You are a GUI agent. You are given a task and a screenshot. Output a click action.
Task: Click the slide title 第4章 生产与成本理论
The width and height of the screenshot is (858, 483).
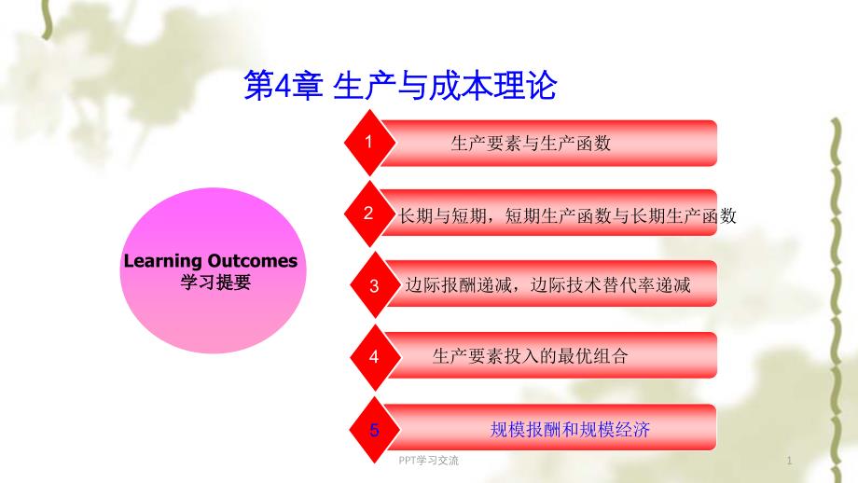400,86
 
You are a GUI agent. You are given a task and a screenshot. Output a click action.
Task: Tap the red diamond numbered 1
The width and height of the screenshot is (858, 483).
370,143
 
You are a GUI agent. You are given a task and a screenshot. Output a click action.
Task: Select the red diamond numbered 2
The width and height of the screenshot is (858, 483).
370,214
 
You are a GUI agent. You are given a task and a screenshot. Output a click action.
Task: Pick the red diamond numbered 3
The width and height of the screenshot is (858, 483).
375,285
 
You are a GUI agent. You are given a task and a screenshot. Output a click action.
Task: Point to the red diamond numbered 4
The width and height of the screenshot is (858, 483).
375,356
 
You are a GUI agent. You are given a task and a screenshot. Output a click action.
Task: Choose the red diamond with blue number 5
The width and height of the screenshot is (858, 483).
375,430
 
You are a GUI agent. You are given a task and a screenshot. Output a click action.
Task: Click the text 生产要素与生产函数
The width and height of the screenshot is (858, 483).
531,144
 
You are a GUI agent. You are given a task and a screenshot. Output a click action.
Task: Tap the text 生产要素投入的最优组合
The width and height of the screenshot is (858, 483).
531,356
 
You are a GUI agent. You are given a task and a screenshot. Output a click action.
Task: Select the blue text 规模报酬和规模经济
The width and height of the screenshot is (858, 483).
570,430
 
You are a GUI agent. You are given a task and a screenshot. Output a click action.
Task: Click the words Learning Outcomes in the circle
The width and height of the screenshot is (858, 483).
211,261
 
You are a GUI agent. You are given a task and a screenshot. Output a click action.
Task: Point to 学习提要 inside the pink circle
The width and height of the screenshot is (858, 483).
215,283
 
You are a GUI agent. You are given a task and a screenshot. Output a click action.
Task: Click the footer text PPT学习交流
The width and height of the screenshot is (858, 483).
428,461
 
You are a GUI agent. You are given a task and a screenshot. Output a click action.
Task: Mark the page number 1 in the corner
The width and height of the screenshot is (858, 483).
789,461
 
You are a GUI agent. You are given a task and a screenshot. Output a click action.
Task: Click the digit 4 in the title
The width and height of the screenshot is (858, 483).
284,87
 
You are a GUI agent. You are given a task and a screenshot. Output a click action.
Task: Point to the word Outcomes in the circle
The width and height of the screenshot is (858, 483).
253,261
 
